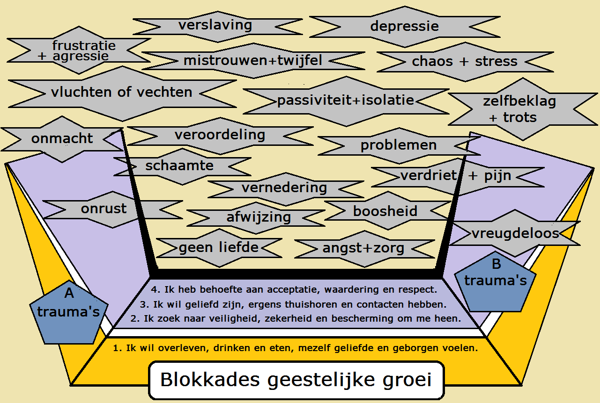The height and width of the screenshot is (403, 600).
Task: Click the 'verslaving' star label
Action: pyautogui.click(x=215, y=25)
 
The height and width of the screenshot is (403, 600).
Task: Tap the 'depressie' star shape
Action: pyautogui.click(x=404, y=26)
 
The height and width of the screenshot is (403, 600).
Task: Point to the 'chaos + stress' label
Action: pyautogui.click(x=464, y=61)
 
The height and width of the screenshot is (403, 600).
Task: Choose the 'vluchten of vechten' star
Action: pyautogui.click(x=122, y=92)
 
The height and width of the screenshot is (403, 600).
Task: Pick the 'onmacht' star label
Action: pyautogui.click(x=62, y=138)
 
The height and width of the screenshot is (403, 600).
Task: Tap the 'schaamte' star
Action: pyautogui.click(x=179, y=165)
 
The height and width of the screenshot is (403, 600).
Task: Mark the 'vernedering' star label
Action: pyautogui.click(x=284, y=188)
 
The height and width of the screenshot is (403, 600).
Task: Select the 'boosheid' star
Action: pyautogui.click(x=385, y=211)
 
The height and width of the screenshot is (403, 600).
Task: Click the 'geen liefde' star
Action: pyautogui.click(x=219, y=247)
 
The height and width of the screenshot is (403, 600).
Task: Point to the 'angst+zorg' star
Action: pyautogui.click(x=363, y=248)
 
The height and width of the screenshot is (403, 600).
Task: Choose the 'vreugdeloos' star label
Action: pyautogui.click(x=515, y=233)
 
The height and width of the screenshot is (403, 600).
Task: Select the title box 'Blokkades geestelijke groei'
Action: pyautogui.click(x=296, y=380)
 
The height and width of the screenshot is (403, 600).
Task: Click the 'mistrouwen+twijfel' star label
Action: pyautogui.click(x=253, y=61)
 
